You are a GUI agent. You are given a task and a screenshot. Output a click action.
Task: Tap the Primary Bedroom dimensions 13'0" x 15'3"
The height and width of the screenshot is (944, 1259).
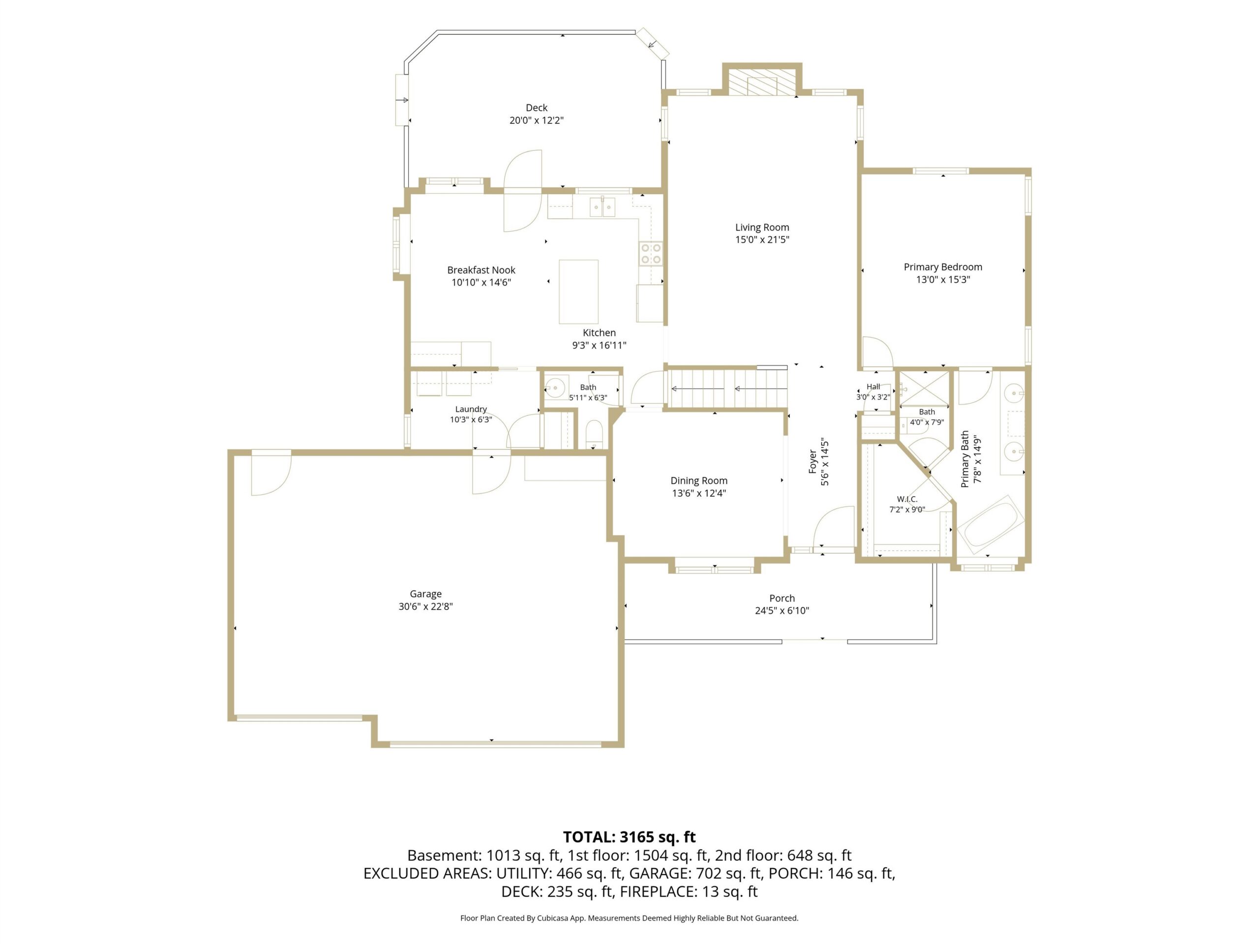943,279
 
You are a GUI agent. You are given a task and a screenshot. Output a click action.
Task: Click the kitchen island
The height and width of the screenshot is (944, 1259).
578,292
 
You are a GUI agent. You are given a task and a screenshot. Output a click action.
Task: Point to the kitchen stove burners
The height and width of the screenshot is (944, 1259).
651,253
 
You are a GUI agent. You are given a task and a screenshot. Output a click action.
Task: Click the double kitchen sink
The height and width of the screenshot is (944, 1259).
602,206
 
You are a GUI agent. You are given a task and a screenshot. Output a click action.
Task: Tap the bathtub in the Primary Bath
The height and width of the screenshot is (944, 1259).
991,525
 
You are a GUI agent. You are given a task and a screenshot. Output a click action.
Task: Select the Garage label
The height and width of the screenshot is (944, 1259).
426,593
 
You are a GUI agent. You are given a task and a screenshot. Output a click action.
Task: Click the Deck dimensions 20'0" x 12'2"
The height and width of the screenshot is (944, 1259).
536,120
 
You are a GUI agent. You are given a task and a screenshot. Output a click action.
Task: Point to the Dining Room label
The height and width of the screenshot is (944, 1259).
699,480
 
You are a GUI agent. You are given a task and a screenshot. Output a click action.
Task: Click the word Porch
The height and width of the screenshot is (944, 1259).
782,598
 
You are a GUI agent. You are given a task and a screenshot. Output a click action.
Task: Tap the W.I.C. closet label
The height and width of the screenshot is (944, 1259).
907,499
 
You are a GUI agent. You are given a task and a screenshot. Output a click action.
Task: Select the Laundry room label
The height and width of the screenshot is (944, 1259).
471,409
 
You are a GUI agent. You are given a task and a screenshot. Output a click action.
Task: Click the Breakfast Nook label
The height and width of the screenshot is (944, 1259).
481,270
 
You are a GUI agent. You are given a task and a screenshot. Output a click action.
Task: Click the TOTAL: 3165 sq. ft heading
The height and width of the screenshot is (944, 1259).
629,837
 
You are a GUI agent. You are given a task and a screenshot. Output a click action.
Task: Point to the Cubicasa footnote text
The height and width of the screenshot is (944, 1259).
629,918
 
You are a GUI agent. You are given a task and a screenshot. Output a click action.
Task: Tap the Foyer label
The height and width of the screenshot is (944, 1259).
813,462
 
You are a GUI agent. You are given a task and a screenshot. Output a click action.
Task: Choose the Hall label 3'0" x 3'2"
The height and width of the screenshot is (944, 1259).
873,392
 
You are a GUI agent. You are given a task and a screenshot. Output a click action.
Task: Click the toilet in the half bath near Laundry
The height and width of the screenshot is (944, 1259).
594,435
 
